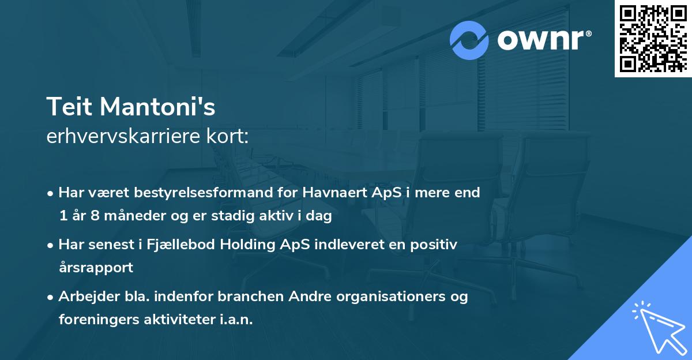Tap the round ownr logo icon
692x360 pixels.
(x=469, y=40)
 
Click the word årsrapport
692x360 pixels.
(x=96, y=268)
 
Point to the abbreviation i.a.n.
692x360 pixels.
(x=235, y=320)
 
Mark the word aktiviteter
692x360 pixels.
(x=179, y=320)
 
